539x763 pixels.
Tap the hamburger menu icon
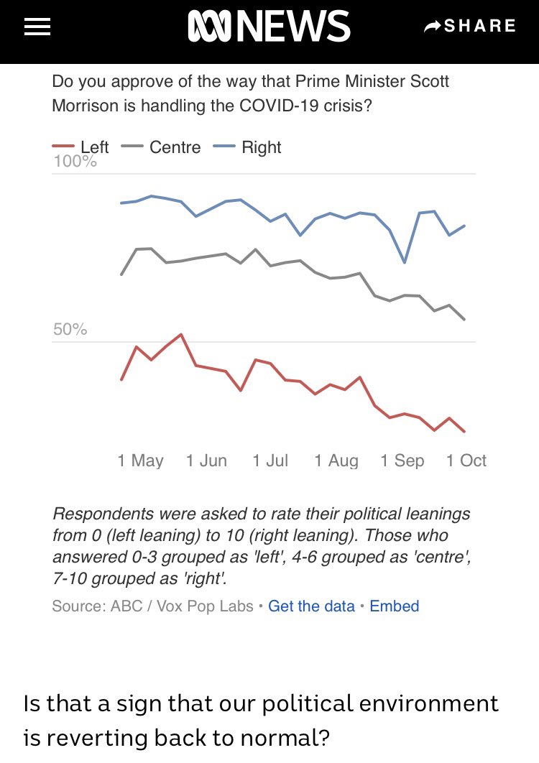37,27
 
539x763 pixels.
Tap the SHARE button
470,27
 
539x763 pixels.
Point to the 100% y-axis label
75,162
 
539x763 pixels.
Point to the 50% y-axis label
70,330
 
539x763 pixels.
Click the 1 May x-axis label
140,461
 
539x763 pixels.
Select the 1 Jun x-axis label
206,461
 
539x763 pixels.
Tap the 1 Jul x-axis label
270,461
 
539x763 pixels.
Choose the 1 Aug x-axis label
336,461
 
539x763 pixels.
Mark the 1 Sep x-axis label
402,461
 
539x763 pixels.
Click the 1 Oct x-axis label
466,461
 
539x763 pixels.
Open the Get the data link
311,606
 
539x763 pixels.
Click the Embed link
394,606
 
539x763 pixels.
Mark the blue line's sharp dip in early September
405,262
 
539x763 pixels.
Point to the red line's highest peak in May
181,335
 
